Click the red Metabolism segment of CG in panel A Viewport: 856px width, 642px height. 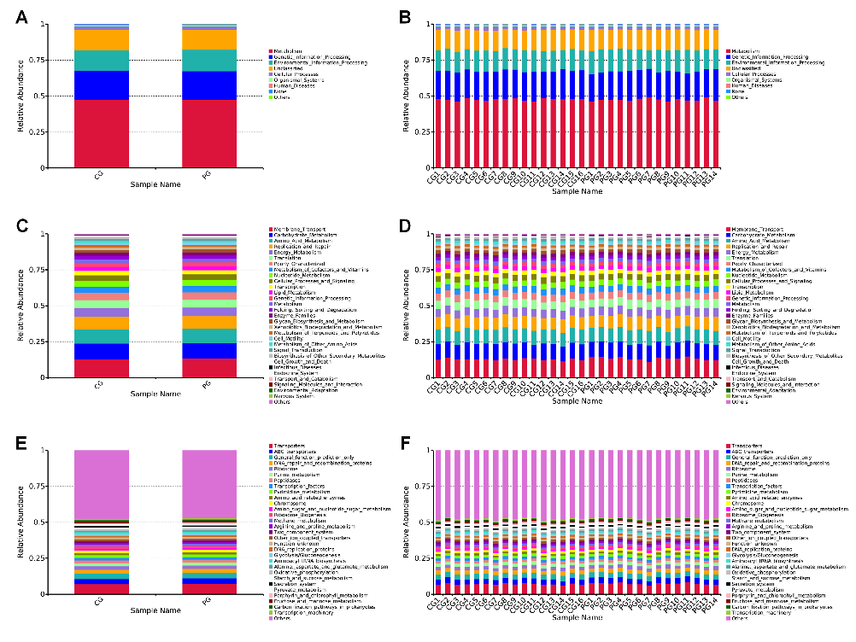click(x=102, y=133)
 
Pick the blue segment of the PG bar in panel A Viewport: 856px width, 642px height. click(x=208, y=85)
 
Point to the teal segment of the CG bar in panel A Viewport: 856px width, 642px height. click(x=102, y=61)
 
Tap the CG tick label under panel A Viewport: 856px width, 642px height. click(x=100, y=174)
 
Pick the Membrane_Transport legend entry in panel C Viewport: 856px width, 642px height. click(x=295, y=229)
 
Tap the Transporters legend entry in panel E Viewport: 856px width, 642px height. click(x=290, y=446)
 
